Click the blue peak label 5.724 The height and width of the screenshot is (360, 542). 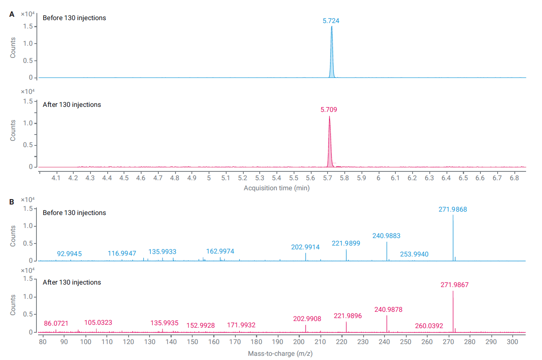[x=331, y=21]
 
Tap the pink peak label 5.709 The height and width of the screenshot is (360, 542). [x=329, y=110]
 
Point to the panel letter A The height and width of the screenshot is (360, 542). [x=12, y=14]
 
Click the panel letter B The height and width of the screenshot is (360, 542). [x=12, y=202]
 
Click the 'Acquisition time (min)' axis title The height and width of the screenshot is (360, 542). [x=276, y=188]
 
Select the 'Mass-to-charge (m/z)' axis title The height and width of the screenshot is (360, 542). [x=280, y=353]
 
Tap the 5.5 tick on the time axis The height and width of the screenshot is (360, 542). [x=294, y=178]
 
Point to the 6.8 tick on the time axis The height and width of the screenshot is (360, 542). [x=514, y=178]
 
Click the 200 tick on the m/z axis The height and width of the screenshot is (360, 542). [x=299, y=342]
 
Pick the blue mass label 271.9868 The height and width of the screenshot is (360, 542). [x=452, y=209]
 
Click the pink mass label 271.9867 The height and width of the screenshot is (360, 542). [x=454, y=285]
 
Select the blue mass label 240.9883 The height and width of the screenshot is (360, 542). [x=386, y=236]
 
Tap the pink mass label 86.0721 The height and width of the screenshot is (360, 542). [x=56, y=324]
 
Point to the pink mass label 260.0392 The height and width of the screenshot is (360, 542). [x=429, y=326]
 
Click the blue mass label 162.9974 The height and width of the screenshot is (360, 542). [x=220, y=251]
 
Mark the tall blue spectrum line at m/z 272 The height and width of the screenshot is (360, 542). [x=453, y=239]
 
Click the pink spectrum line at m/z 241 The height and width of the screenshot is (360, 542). [x=387, y=324]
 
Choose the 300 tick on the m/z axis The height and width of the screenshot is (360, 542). [x=512, y=342]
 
